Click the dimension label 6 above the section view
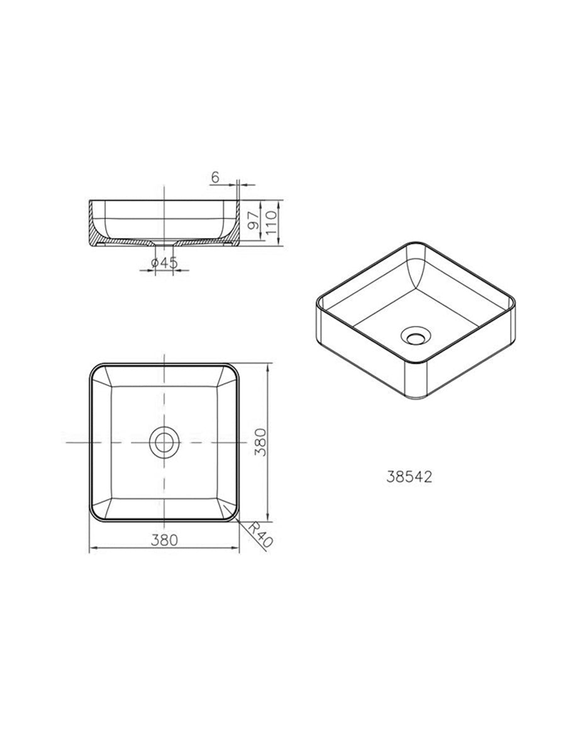point(215,178)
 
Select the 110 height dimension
point(271,222)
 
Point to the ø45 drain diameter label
point(165,263)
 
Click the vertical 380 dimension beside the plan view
point(260,442)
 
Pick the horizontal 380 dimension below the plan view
point(165,540)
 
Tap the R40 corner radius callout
point(260,535)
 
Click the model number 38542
point(409,477)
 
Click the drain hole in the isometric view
point(416,336)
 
